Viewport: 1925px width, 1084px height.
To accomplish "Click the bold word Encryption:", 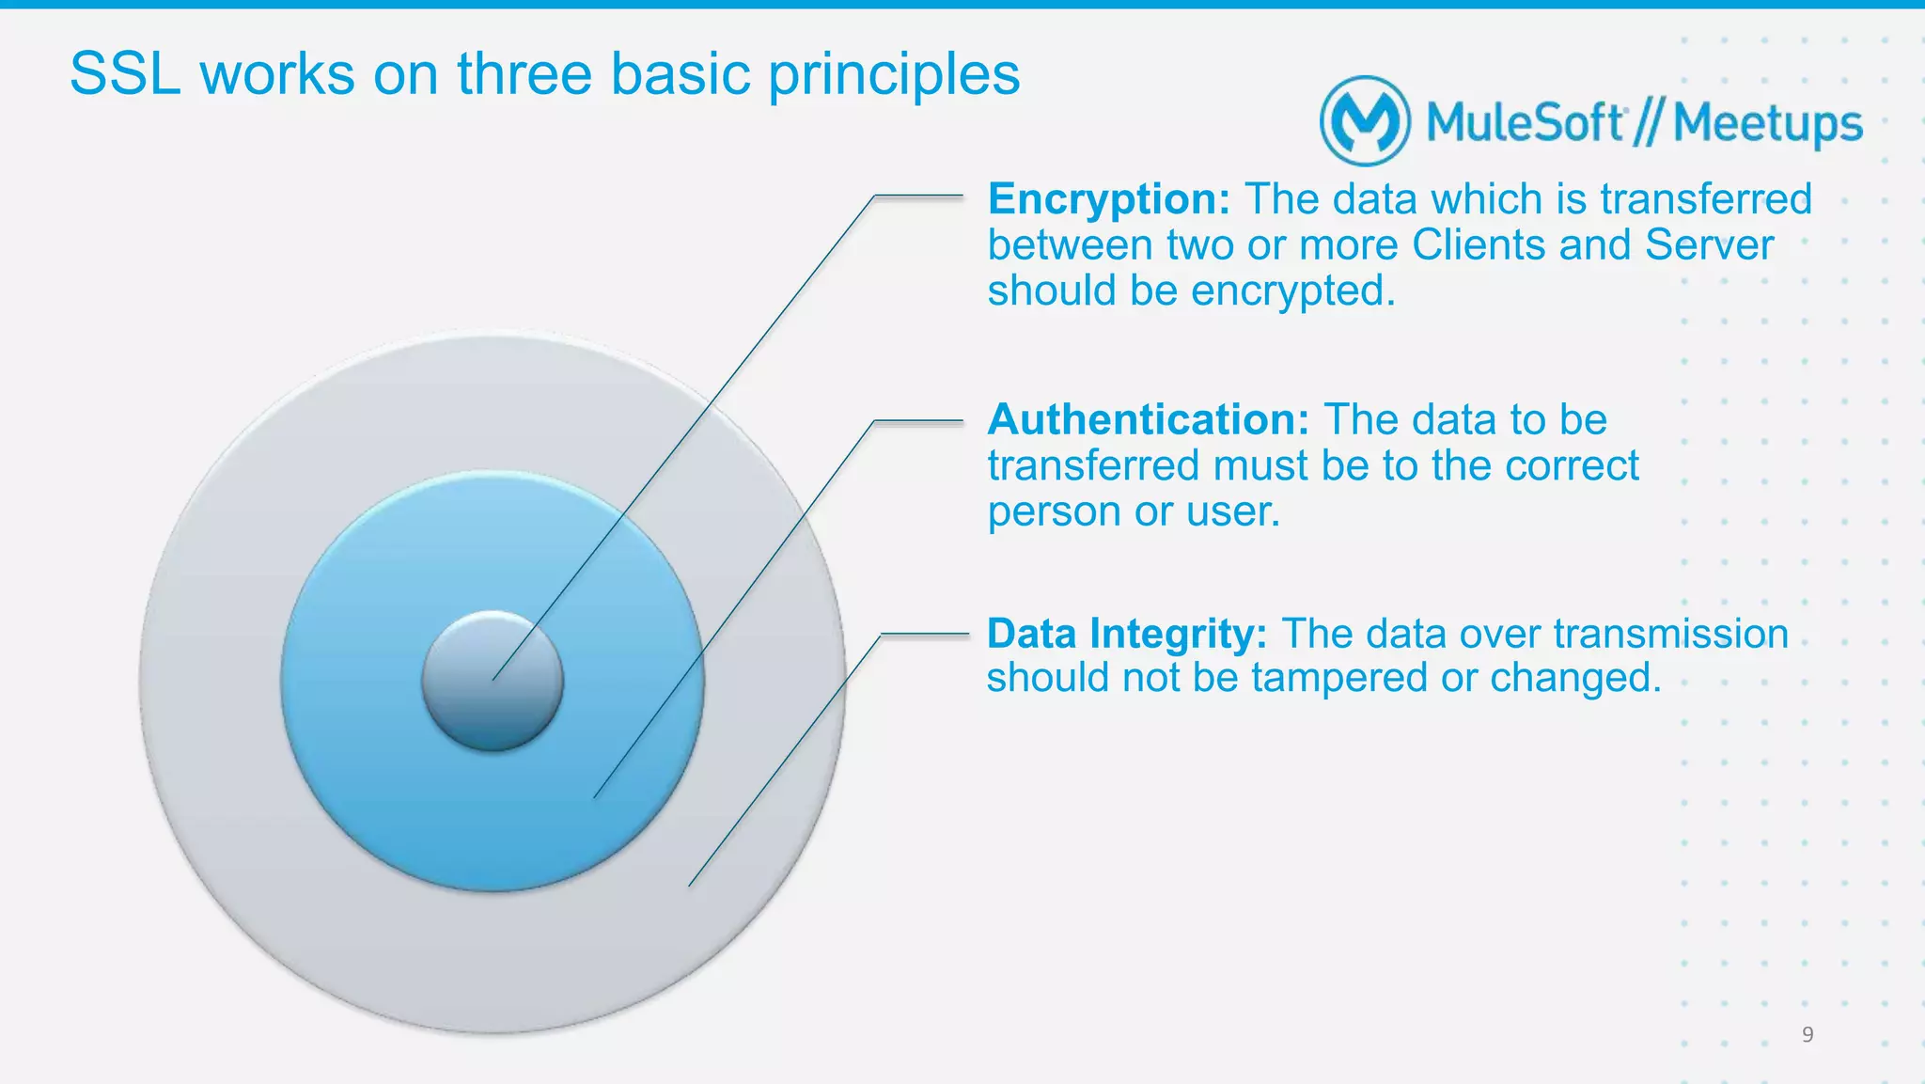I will click(1108, 200).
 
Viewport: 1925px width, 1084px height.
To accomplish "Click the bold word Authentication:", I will click(1148, 420).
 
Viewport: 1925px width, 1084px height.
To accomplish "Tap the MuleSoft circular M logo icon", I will click(1365, 121).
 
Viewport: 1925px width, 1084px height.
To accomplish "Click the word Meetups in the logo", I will click(1767, 123).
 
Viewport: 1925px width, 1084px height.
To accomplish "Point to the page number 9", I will click(1807, 1035).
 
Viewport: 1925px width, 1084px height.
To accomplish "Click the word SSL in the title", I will click(125, 74).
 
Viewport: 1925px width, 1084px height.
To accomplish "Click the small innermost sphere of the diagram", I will click(492, 681).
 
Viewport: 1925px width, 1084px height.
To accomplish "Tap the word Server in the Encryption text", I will click(1709, 245).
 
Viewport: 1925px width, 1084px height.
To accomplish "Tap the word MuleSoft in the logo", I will click(1524, 123).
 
